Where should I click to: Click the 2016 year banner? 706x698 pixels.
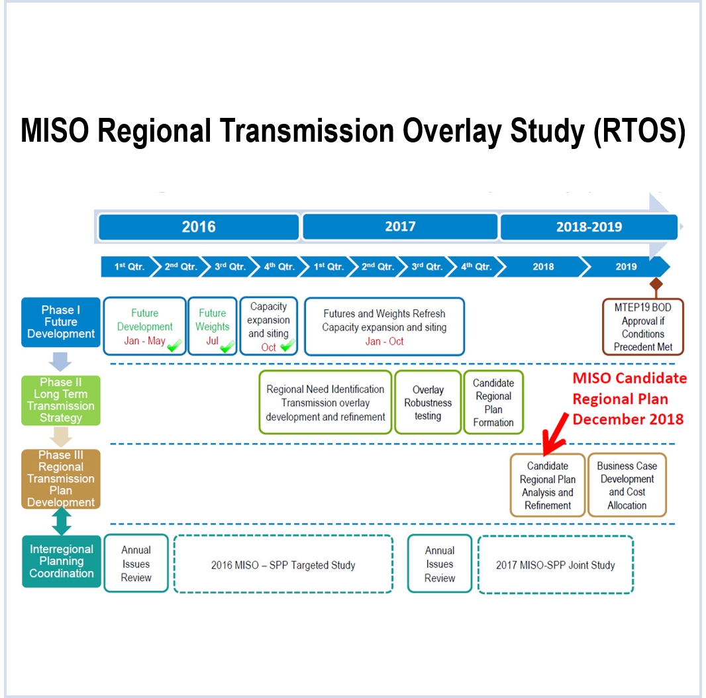coord(199,227)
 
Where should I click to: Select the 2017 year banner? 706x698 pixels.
coord(400,226)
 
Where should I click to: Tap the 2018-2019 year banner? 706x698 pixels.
coord(589,227)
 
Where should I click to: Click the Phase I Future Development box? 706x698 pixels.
coord(61,322)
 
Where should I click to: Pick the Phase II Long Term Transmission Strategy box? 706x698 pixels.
coord(61,400)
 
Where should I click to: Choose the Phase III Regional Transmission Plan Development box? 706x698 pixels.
coord(61,479)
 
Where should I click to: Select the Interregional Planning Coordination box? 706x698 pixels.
coord(62,562)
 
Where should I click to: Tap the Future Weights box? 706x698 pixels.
coord(213,326)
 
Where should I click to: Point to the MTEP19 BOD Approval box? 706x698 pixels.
coord(642,327)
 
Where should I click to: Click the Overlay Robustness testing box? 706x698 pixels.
coord(428,403)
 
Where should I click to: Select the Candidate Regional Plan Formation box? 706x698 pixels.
coord(493,403)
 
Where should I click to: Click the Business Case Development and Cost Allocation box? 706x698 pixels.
coord(627,485)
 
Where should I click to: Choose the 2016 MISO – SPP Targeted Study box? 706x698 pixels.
coord(283,565)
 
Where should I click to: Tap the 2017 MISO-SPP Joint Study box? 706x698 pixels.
coord(555,565)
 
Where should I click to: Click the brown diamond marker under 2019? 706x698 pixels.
coord(656,283)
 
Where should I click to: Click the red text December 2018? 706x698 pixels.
coord(628,419)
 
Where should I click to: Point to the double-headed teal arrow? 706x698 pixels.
coord(61,521)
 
